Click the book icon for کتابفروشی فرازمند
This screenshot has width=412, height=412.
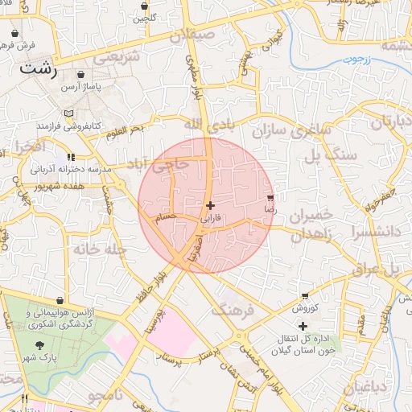(68, 113)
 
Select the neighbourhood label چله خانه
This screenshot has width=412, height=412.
(101, 249)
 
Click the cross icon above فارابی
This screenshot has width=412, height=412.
(211, 206)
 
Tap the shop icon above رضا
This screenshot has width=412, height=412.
(270, 197)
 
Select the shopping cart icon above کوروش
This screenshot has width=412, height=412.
(304, 296)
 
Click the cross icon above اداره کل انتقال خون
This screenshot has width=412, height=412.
(303, 326)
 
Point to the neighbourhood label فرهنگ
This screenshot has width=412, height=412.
(232, 310)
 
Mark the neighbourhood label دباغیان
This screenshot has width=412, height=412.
(367, 388)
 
